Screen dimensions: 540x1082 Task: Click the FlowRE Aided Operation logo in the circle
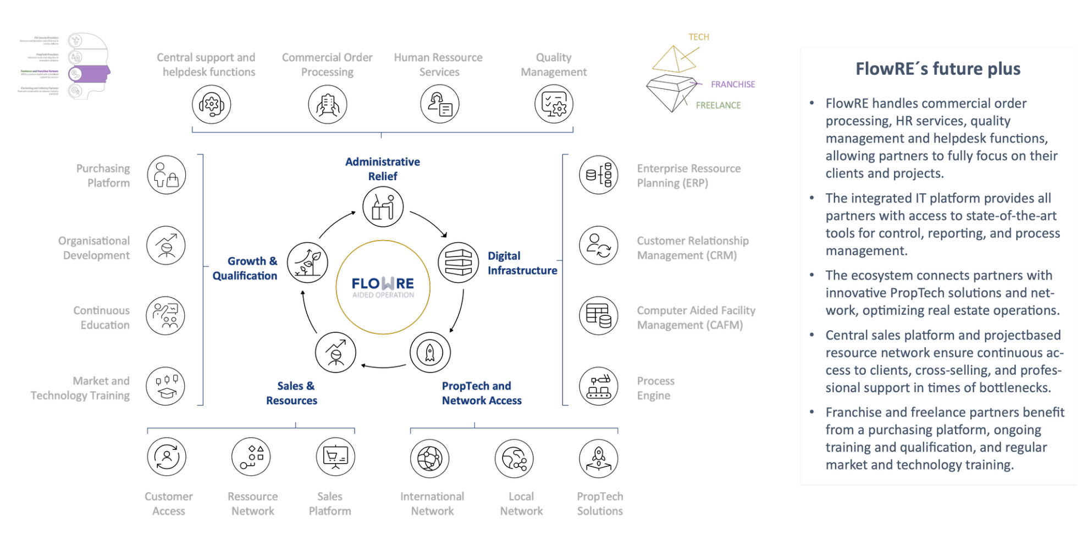(383, 287)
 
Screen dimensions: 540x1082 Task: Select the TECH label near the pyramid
(699, 37)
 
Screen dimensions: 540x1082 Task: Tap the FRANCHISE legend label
(732, 84)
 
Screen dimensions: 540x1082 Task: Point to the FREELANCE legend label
(718, 105)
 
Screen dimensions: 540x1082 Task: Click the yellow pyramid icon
(675, 60)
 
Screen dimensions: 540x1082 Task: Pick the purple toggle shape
(89, 74)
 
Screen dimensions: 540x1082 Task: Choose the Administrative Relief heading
(383, 169)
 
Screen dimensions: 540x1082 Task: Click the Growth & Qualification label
(246, 268)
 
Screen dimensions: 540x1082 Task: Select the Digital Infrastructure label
(522, 263)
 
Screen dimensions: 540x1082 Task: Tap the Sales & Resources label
(292, 393)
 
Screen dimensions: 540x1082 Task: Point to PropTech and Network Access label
(481, 393)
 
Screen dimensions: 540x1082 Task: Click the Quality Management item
(554, 65)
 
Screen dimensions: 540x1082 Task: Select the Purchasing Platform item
(103, 176)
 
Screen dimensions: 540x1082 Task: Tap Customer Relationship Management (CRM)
(692, 248)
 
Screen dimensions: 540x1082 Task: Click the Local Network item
(521, 504)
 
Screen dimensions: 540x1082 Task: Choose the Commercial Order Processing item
(327, 65)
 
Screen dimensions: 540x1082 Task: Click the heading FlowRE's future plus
(937, 69)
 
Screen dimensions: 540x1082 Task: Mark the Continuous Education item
(102, 318)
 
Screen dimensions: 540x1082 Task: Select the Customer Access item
(169, 504)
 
